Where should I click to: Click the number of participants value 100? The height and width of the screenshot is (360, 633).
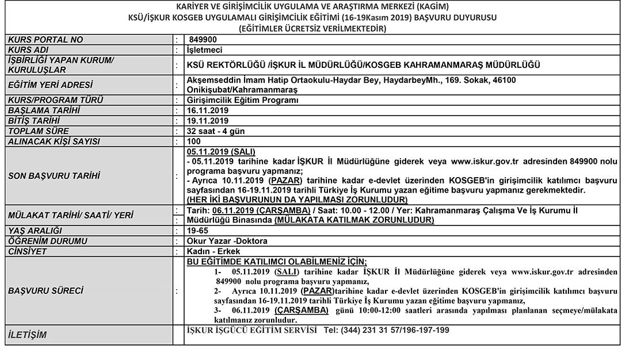click(194, 141)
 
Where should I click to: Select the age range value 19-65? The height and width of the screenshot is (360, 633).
click(197, 231)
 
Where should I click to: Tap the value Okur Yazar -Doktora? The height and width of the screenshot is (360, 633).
click(227, 241)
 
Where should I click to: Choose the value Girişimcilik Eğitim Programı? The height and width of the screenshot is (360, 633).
click(243, 100)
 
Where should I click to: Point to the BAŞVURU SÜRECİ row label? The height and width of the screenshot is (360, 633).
click(45, 291)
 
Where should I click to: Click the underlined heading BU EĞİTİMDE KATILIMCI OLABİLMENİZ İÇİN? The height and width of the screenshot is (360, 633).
click(277, 262)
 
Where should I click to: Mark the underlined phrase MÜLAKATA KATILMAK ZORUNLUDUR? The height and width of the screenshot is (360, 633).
click(354, 220)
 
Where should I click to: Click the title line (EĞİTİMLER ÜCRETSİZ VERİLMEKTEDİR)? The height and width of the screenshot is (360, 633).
click(312, 27)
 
